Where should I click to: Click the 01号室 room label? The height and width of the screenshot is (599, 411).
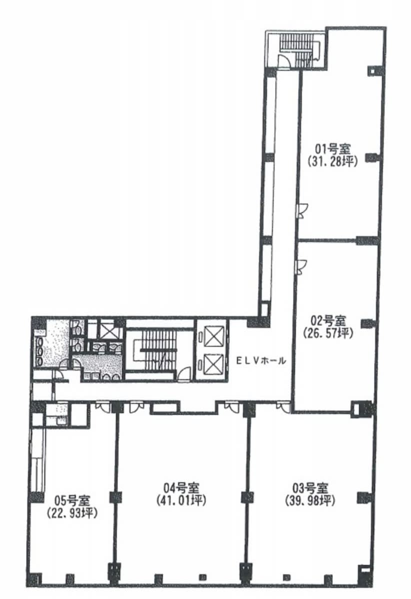point(332,148)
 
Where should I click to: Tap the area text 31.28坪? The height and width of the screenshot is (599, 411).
point(332,161)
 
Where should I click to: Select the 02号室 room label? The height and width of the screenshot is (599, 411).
point(328,319)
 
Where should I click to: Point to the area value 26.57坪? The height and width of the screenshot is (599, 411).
point(328,333)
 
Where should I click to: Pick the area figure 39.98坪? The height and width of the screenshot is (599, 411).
point(310,501)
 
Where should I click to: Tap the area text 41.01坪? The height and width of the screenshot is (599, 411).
point(181,501)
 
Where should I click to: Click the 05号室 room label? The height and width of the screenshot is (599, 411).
point(72,500)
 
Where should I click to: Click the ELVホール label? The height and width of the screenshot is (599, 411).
point(261,361)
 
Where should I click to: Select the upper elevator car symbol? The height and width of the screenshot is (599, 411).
point(213,336)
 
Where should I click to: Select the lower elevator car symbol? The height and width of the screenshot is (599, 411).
point(213,364)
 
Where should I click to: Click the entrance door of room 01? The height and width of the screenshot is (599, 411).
point(302,211)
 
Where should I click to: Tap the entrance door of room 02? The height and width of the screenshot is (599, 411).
point(302,267)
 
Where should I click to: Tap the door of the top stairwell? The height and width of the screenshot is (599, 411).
point(283,61)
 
